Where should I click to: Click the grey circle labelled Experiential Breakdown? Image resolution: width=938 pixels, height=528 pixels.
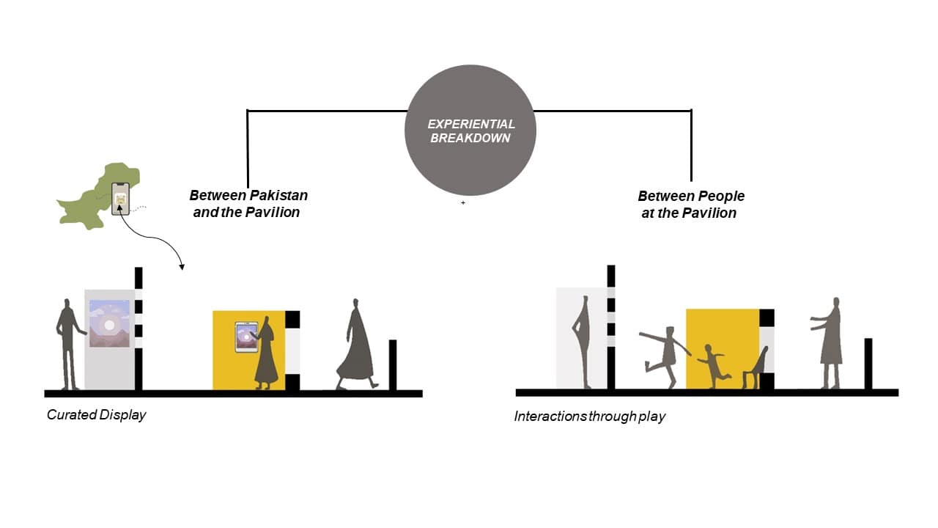(470, 130)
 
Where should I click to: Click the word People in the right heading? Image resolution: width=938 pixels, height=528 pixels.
(720, 196)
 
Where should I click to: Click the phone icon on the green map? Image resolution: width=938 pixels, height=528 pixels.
(120, 198)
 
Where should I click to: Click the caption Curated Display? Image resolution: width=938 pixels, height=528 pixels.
(96, 415)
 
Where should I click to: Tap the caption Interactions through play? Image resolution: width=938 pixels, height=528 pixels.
(589, 417)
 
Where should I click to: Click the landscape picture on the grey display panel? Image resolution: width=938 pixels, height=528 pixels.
(109, 323)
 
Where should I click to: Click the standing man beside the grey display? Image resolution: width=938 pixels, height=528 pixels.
(70, 343)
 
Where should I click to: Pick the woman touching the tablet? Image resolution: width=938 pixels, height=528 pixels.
(265, 353)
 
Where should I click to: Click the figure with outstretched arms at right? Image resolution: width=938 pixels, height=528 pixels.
(830, 341)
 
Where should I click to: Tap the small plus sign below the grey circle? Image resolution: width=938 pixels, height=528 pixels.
(463, 203)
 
